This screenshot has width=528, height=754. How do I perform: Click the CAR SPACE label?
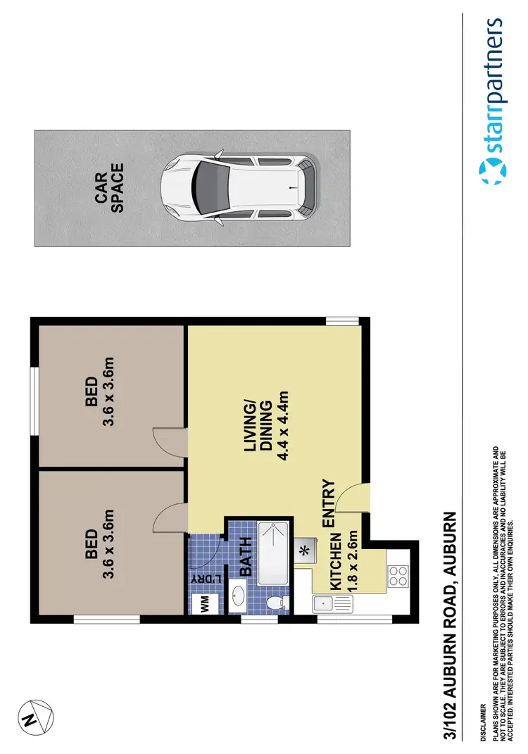pyautogui.click(x=110, y=188)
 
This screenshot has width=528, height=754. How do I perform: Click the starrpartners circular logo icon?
pyautogui.click(x=493, y=171)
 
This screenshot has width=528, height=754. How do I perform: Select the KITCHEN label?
pyautogui.click(x=335, y=561)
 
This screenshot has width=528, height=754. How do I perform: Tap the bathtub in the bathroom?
pyautogui.click(x=273, y=553)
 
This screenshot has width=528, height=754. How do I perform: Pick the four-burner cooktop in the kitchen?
pyautogui.click(x=398, y=577)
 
